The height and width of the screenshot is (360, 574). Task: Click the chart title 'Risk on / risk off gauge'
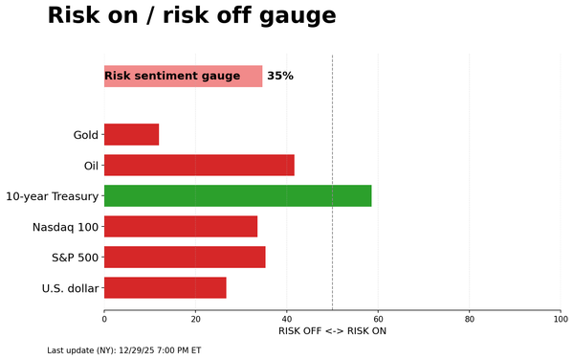(x=191, y=16)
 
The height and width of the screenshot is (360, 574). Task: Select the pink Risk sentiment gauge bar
(x=183, y=77)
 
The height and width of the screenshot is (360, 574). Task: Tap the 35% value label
(x=280, y=77)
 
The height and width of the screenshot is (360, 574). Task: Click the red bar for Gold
(x=131, y=135)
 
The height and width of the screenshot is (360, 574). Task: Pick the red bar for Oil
(x=199, y=166)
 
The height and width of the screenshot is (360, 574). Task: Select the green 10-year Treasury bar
(x=237, y=196)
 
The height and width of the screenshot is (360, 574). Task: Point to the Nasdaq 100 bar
(x=181, y=227)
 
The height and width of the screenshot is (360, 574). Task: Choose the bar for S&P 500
(x=185, y=258)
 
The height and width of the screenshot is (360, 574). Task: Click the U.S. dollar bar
(x=165, y=288)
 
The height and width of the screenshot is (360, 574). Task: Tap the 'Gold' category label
(x=86, y=135)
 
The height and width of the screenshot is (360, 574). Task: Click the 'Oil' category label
(x=91, y=166)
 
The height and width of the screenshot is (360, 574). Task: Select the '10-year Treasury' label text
(x=52, y=196)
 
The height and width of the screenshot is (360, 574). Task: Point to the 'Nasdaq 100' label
(x=65, y=227)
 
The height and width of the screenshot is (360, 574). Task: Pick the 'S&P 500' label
(x=75, y=258)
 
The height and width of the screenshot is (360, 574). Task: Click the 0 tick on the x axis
(x=104, y=319)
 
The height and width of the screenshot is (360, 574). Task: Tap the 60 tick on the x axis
(x=378, y=319)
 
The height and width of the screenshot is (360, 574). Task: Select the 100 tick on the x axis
(x=561, y=319)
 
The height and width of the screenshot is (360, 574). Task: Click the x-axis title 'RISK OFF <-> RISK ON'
(x=332, y=331)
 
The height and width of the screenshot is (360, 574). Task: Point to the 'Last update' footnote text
(x=124, y=350)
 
